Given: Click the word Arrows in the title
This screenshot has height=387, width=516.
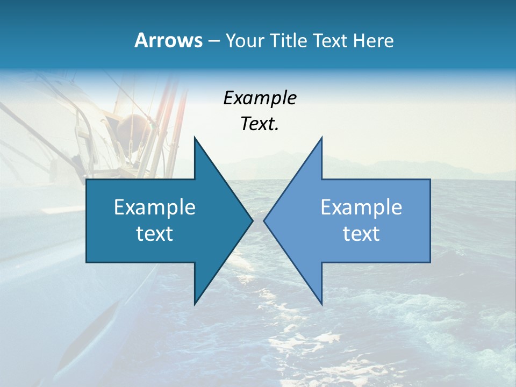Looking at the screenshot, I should [x=168, y=40].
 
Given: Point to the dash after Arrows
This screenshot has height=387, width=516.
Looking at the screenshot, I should [x=213, y=41].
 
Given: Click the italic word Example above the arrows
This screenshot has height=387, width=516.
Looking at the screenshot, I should [x=260, y=98].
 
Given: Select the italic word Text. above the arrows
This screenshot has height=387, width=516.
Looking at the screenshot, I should [x=260, y=124].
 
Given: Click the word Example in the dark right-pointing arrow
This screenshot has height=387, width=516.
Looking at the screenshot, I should [x=155, y=207].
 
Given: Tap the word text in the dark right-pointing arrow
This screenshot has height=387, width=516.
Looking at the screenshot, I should [x=155, y=234].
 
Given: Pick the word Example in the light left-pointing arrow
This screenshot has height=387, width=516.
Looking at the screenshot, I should [x=361, y=207].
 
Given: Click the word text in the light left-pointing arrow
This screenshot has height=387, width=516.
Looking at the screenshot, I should [x=361, y=234].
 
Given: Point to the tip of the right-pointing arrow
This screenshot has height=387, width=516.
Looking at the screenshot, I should [x=252, y=220].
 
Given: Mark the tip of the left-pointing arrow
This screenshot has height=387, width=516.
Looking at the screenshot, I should [x=264, y=220].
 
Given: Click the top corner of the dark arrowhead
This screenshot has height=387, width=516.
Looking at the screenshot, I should [x=195, y=138].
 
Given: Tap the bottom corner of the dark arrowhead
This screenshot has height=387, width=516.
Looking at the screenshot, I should [x=195, y=304].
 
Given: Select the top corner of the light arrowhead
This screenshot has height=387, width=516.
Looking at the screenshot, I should [x=321, y=138].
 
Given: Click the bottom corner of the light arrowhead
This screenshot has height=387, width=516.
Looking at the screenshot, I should [x=321, y=304].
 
